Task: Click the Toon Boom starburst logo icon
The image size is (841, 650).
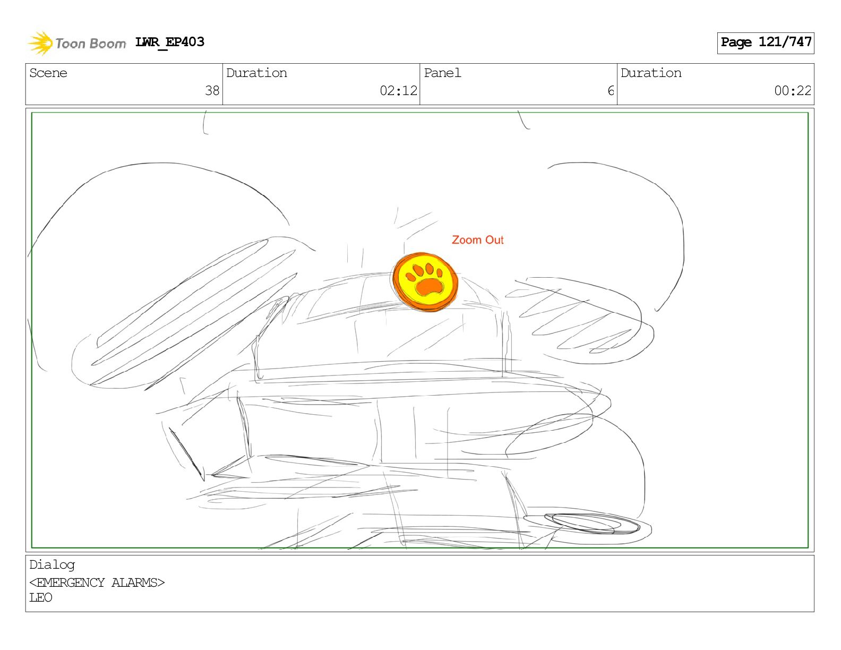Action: [x=40, y=43]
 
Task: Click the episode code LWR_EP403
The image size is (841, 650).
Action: [x=170, y=42]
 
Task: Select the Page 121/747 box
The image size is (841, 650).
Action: [x=766, y=43]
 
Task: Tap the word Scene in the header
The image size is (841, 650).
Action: [x=48, y=73]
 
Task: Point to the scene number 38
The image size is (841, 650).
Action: [x=212, y=91]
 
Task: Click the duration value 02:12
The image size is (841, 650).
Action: [x=398, y=91]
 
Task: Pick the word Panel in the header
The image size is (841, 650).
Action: [x=442, y=73]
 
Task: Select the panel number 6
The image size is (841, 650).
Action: [x=611, y=91]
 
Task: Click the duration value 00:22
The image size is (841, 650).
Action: [x=793, y=91]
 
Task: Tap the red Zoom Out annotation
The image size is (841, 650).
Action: [x=478, y=240]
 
